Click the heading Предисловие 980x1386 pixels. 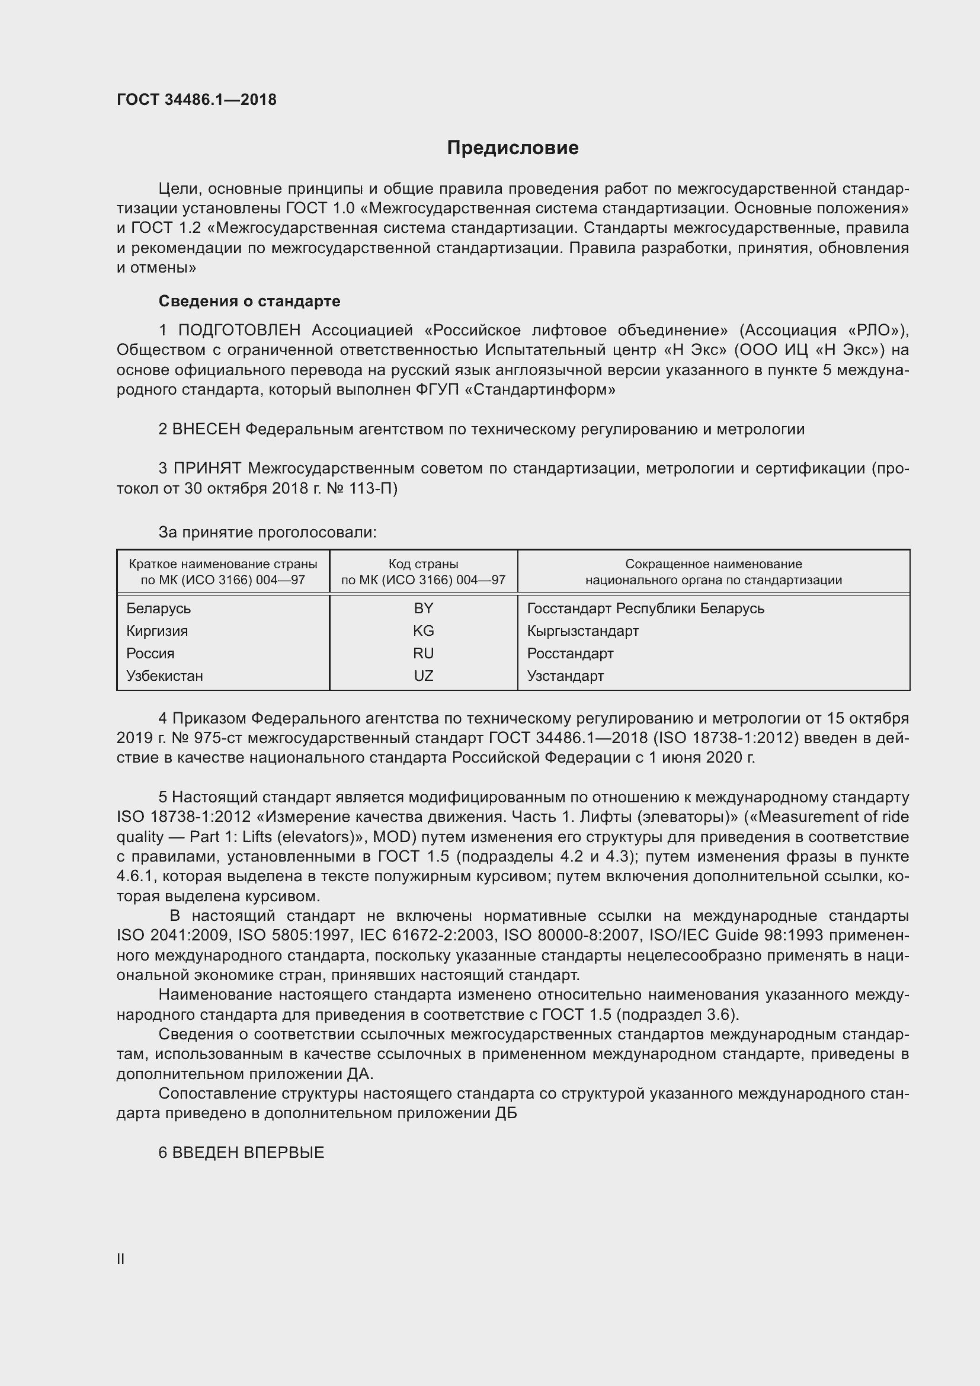pyautogui.click(x=513, y=148)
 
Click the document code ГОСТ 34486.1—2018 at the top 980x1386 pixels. pyautogui.click(x=196, y=100)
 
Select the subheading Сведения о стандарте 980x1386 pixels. pyautogui.click(x=249, y=300)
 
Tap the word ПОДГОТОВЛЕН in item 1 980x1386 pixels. pyautogui.click(x=239, y=330)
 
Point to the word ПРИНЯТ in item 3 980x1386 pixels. pyautogui.click(x=207, y=469)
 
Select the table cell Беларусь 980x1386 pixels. pyautogui.click(x=159, y=609)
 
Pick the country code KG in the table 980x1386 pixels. pyautogui.click(x=423, y=631)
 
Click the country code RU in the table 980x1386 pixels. pyautogui.click(x=423, y=653)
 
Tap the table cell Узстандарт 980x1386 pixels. pyautogui.click(x=565, y=676)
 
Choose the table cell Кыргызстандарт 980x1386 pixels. pyautogui.click(x=582, y=631)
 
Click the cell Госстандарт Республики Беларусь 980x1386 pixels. pyautogui.click(x=645, y=609)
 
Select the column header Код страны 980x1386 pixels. pyautogui.click(x=423, y=564)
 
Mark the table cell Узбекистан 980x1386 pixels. pyautogui.click(x=165, y=676)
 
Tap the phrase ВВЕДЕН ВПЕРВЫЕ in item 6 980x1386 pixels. pyautogui.click(x=248, y=1153)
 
